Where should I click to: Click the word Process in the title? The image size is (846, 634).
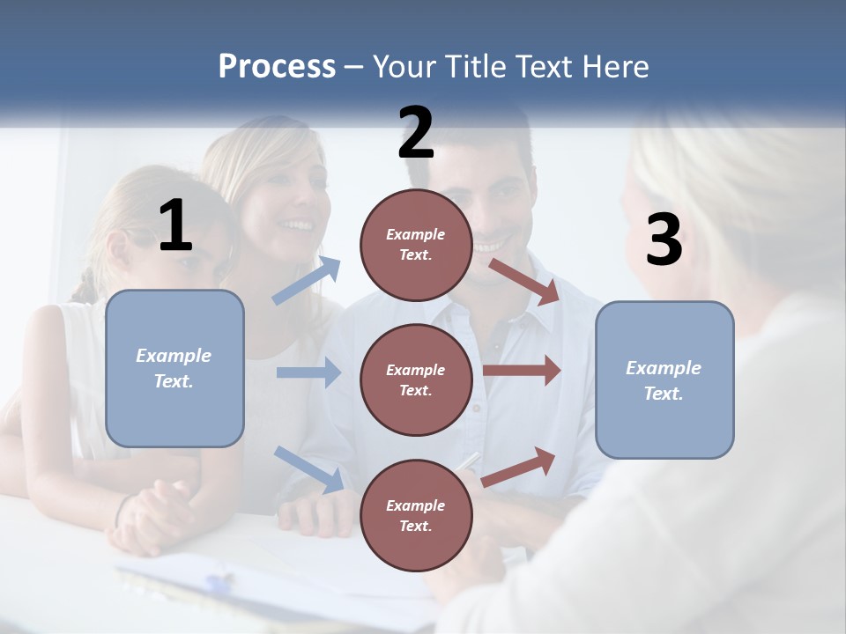point(277,67)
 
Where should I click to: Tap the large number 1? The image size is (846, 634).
point(176,226)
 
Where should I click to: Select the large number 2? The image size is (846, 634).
point(416,133)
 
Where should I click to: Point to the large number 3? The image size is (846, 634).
point(664,240)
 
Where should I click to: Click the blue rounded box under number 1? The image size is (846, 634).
point(174,368)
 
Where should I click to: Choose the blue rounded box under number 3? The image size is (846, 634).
point(664,380)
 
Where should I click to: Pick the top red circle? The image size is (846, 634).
point(416,244)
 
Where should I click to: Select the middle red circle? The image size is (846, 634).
point(416,380)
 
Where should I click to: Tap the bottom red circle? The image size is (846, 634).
point(416,515)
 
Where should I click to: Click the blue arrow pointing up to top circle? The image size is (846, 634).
point(307,280)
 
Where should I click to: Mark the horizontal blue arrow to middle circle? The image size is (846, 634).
point(308,372)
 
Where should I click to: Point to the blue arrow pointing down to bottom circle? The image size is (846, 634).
point(308,468)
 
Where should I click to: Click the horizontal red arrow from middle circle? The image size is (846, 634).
point(522,371)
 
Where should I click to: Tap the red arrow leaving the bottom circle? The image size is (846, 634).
point(519,467)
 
